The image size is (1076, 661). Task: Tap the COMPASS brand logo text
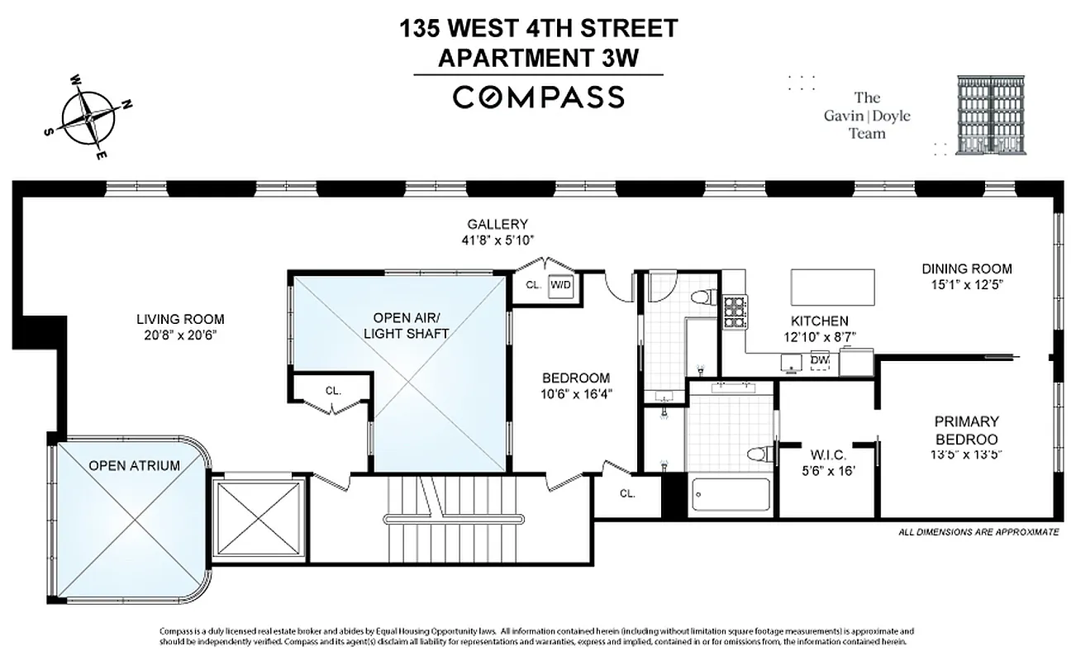click(x=538, y=97)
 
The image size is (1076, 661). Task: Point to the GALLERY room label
click(x=497, y=224)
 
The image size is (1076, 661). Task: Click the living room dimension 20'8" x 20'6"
click(x=180, y=335)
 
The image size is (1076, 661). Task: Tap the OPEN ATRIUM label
click(x=134, y=465)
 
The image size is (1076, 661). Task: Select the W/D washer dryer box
click(x=560, y=285)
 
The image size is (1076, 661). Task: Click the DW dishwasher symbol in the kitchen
click(x=820, y=361)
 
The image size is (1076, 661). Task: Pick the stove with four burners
click(x=735, y=312)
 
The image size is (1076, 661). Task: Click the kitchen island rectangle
click(x=833, y=287)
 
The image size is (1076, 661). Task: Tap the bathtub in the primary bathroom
click(x=731, y=498)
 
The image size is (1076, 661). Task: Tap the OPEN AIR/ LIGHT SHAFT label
click(x=411, y=325)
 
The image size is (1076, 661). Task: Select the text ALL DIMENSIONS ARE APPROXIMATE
click(x=978, y=533)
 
